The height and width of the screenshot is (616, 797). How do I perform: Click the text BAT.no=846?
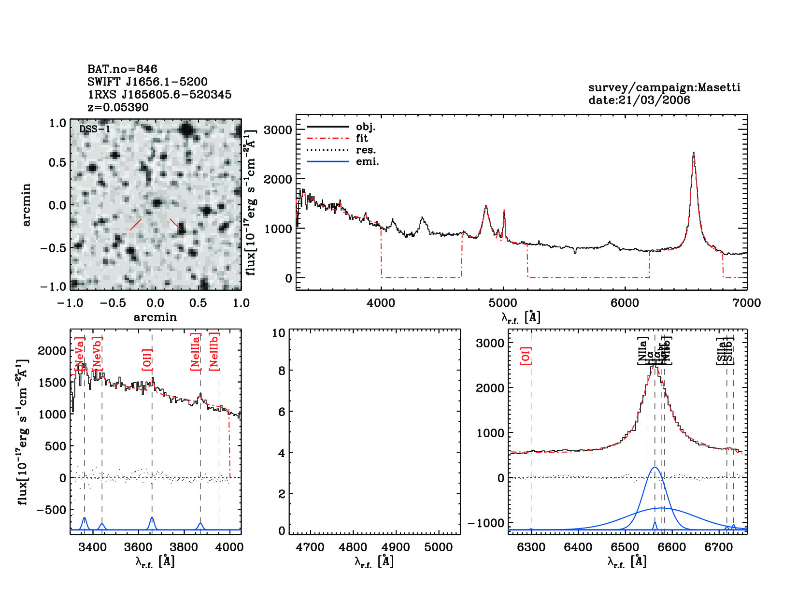click(122, 69)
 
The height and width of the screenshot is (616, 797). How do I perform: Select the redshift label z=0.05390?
click(118, 107)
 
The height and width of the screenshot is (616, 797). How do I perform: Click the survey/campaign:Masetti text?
click(664, 87)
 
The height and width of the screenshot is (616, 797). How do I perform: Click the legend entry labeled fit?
click(362, 138)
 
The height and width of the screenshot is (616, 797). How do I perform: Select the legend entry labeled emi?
click(367, 161)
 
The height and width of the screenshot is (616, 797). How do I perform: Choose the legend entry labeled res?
click(366, 150)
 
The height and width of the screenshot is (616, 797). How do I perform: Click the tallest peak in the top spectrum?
click(694, 153)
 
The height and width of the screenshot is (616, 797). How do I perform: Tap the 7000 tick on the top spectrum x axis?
click(747, 303)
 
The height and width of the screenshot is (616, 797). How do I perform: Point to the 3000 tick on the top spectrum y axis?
click(278, 129)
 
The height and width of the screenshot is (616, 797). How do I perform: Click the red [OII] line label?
click(147, 359)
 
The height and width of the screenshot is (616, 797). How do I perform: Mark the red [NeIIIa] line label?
click(195, 352)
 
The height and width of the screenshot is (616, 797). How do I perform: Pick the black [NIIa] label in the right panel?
click(642, 350)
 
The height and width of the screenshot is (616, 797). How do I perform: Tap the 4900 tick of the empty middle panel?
click(396, 547)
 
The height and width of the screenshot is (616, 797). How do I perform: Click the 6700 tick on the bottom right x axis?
click(719, 547)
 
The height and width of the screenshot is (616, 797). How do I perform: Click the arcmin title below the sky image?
click(155, 317)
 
